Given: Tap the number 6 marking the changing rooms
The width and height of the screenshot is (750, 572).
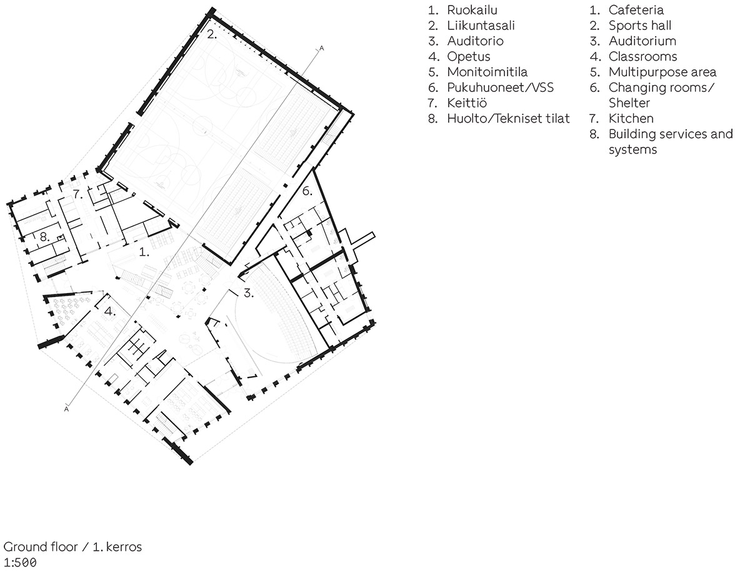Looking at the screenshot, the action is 307,191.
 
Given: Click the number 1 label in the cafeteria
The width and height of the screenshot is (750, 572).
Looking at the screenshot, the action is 144,252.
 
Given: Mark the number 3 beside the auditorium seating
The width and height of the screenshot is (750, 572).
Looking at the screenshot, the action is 248,293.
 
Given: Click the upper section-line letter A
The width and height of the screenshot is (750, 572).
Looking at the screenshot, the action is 321,49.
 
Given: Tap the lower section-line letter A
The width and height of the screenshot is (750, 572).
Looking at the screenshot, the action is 66,409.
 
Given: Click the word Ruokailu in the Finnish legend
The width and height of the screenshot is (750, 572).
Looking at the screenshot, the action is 472,10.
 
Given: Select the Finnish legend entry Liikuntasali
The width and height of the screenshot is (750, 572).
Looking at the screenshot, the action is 481,26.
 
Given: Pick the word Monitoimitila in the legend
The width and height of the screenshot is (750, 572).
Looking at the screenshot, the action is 487,72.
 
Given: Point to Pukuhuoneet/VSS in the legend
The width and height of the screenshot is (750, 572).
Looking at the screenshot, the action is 500,88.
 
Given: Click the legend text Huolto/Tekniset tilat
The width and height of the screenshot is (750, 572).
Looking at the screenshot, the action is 508,119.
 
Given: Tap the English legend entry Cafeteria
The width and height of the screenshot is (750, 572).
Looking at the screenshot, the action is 636,10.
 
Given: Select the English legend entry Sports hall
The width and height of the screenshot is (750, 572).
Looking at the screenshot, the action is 640,26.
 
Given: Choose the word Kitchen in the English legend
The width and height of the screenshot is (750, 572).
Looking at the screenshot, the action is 631,119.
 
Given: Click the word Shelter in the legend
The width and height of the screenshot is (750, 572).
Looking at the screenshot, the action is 629,103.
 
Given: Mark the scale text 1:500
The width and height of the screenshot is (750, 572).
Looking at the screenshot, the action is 20,562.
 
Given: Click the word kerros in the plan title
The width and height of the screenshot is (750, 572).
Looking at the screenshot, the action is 124,547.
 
